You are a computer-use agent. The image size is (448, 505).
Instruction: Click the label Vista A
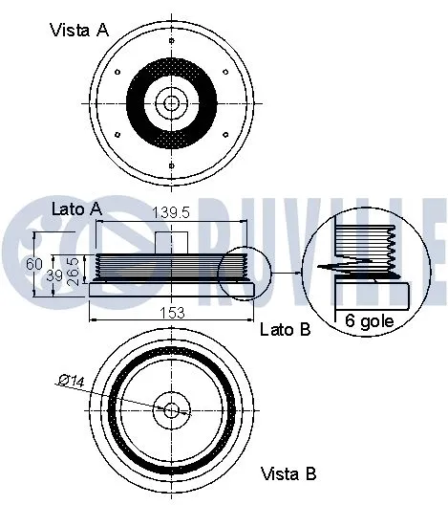(78, 30)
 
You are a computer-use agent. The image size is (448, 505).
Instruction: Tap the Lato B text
(286, 330)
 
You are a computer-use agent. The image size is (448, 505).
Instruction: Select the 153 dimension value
(171, 311)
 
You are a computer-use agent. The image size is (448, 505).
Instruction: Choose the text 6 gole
(369, 322)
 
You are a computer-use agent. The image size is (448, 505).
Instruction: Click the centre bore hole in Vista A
(172, 101)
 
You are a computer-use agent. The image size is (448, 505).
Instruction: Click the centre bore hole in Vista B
(172, 410)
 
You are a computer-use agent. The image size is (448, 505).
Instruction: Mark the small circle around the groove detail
(238, 274)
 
